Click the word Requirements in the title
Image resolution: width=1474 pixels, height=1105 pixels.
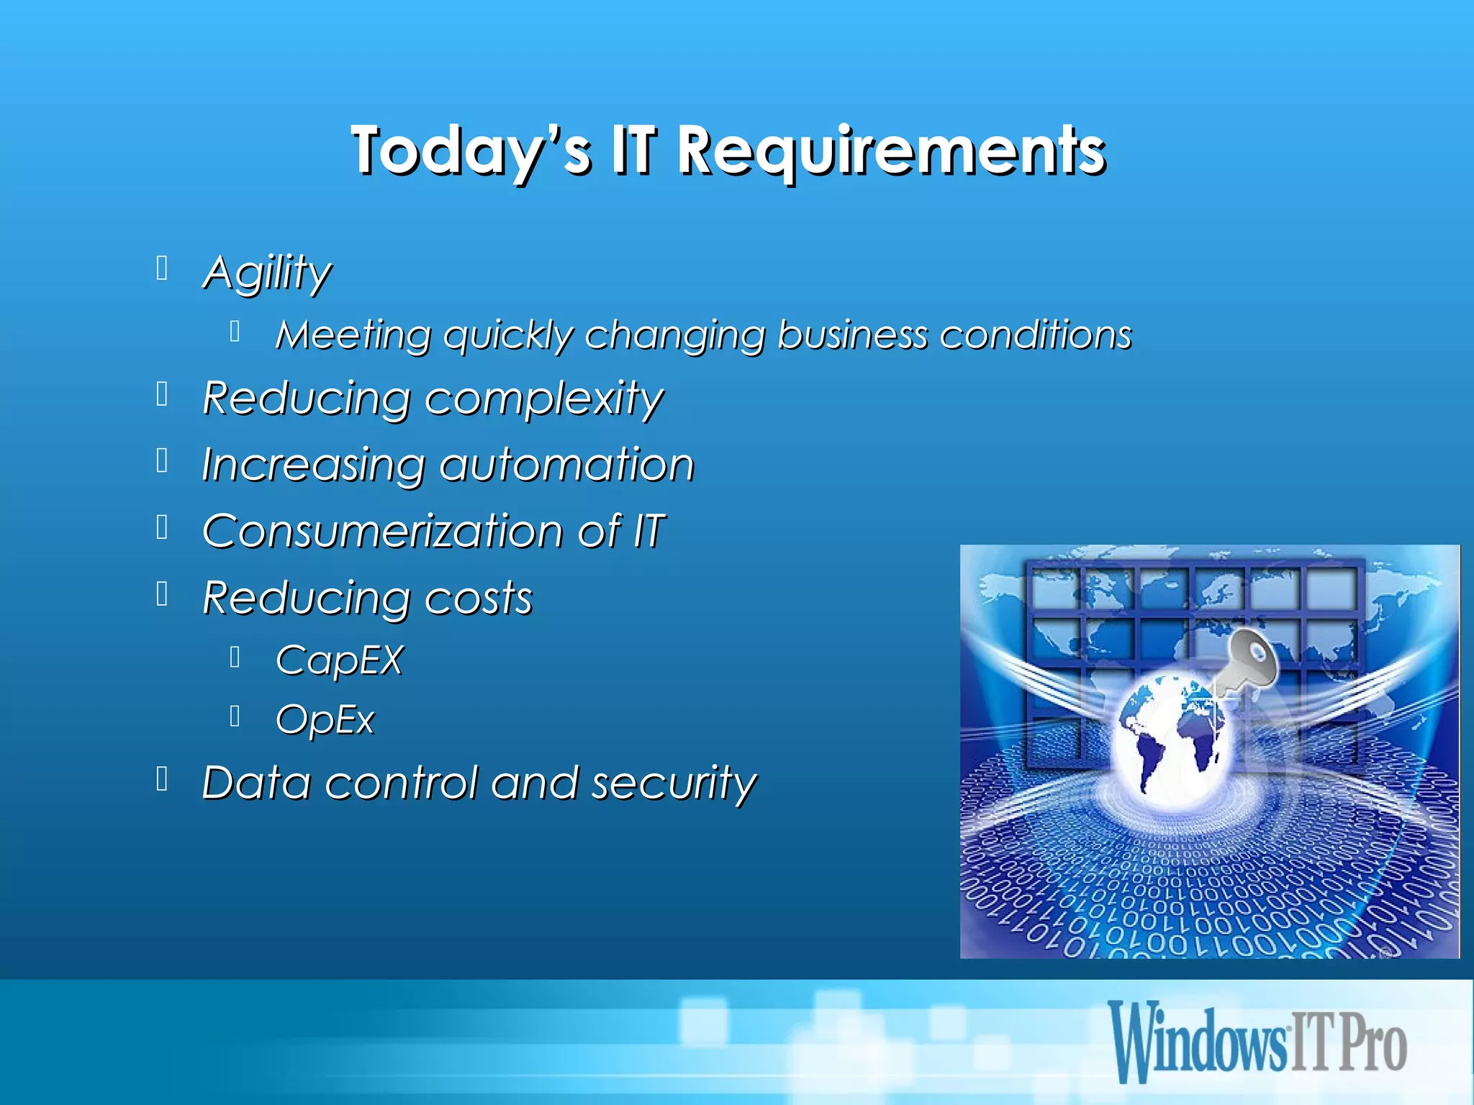coord(891,151)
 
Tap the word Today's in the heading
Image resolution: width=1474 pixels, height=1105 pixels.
coord(471,151)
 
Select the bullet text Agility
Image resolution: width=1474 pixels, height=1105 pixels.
coord(267,273)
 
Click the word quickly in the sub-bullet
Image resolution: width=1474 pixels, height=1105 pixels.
coord(508,336)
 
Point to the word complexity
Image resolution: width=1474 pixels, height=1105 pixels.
coord(543,399)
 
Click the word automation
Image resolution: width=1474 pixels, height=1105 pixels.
coord(566,465)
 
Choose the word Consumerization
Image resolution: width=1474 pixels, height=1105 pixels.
coord(383,531)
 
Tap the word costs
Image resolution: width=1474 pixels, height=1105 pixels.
coord(478,598)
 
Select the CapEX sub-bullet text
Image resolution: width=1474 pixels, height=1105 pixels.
coord(339,660)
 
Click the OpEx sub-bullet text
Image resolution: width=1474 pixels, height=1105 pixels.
coord(325,719)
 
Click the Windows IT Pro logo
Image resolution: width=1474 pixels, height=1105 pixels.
coord(1257,1041)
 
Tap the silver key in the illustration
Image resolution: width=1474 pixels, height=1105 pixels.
coord(1248,659)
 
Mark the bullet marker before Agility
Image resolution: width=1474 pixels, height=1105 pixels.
coord(163,268)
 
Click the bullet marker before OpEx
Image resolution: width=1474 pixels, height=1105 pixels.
coord(235,716)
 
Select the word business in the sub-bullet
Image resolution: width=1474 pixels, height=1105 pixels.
coord(852,336)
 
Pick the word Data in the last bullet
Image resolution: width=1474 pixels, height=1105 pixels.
coord(256,783)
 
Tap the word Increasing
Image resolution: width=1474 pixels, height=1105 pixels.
coord(313,465)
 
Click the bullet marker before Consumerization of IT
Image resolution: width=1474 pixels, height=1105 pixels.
coord(163,527)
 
